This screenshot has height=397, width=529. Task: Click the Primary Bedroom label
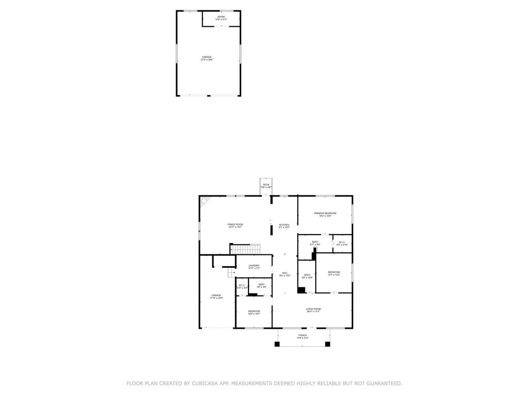[x=325, y=213]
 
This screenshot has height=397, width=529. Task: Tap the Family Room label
[x=235, y=224]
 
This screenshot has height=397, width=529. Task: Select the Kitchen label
[x=284, y=225]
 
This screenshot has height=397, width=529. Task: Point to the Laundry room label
[x=254, y=266]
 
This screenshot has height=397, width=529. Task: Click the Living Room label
[x=313, y=309]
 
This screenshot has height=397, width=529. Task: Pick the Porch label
[x=302, y=335]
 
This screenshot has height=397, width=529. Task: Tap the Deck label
[x=266, y=185]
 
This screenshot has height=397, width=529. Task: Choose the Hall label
[x=285, y=273]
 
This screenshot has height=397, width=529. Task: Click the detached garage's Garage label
[x=207, y=57]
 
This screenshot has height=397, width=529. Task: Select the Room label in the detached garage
[x=221, y=17]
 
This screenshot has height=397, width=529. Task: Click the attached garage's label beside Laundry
[x=216, y=296]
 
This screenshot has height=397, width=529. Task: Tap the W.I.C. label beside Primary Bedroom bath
[x=342, y=242]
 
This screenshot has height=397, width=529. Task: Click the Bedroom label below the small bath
[x=254, y=311]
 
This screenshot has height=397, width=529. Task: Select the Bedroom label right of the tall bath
[x=334, y=272]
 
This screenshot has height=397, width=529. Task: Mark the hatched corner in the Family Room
[x=205, y=201]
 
